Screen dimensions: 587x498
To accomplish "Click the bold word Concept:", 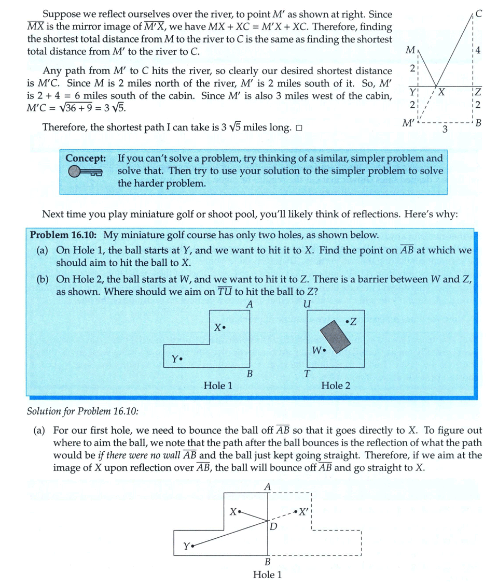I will click(86, 158).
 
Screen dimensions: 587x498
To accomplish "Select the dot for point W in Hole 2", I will click(324, 350).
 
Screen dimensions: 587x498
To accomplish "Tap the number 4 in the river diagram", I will click(478, 51).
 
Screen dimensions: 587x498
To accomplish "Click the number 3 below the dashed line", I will click(445, 129).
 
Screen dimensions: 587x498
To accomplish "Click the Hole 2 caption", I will click(336, 385).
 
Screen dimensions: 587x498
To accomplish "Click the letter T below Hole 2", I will click(307, 375).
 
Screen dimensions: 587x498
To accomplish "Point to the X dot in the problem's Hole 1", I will click(224, 328).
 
